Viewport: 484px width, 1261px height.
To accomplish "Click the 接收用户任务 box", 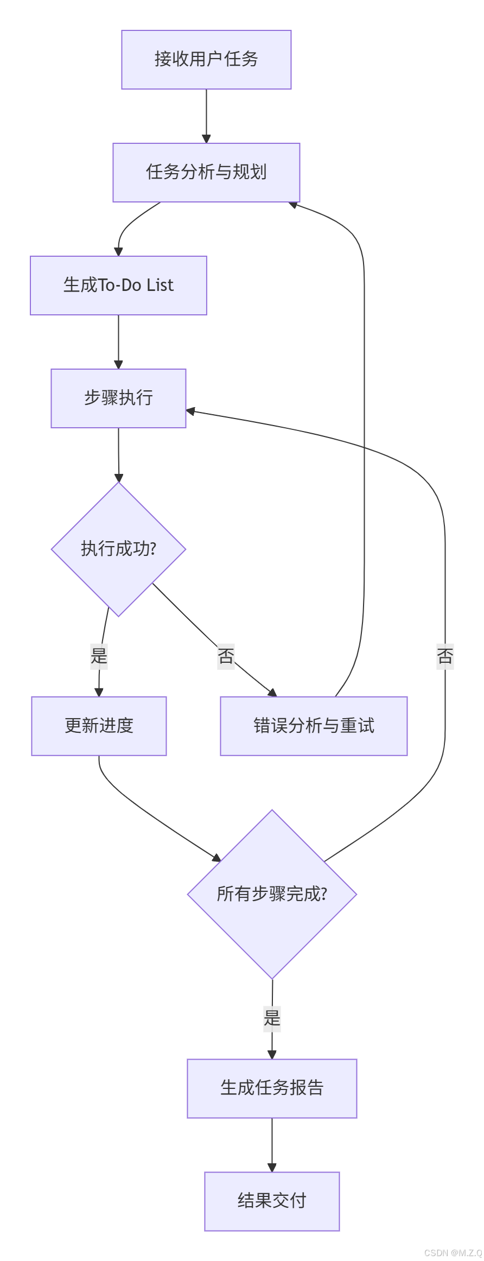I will pyautogui.click(x=206, y=59).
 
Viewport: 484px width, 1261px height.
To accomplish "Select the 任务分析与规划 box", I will pyautogui.click(x=206, y=172).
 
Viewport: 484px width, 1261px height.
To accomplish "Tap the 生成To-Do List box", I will pyautogui.click(x=118, y=285).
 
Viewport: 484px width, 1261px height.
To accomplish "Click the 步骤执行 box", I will pyautogui.click(x=118, y=398).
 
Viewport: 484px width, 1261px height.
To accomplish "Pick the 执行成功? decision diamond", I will pyautogui.click(x=118, y=549).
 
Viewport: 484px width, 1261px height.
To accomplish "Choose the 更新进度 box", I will pyautogui.click(x=99, y=726).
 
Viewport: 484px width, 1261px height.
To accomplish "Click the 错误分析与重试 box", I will pyautogui.click(x=314, y=726).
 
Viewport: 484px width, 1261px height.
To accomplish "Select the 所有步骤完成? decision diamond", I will pyautogui.click(x=272, y=894).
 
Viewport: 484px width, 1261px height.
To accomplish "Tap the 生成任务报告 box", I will pyautogui.click(x=272, y=1088).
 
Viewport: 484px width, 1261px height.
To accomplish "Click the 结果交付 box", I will pyautogui.click(x=272, y=1201).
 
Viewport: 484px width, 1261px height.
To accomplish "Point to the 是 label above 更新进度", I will pyautogui.click(x=99, y=656).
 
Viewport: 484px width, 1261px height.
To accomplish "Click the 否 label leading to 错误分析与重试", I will pyautogui.click(x=226, y=656).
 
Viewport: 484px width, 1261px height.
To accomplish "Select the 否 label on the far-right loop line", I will pyautogui.click(x=445, y=656).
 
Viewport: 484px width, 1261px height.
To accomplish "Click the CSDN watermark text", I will pyautogui.click(x=453, y=1253).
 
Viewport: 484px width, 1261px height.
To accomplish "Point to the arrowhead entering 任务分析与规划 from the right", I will pyautogui.click(x=294, y=205).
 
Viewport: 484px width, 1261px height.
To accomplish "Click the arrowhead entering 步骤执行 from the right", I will pyautogui.click(x=190, y=411).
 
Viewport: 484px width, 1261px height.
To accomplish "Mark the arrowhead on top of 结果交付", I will pyautogui.click(x=272, y=1168).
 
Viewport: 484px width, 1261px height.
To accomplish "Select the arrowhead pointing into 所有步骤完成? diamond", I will pyautogui.click(x=216, y=858).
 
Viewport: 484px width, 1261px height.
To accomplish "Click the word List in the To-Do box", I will pyautogui.click(x=160, y=285).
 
